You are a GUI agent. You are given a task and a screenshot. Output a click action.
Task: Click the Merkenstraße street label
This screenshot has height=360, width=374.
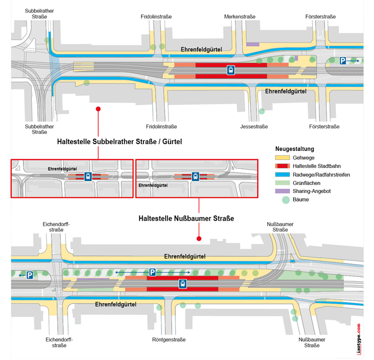coord(240,17)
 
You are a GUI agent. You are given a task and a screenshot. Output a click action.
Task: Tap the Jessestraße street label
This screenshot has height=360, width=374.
coord(254,127)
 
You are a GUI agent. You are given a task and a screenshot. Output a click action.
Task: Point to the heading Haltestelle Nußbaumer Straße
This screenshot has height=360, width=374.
coord(186,218)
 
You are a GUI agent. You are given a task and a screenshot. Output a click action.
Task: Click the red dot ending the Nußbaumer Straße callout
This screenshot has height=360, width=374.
coord(199,238)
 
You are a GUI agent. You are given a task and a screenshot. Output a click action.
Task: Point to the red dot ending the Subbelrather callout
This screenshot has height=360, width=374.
coord(98,109)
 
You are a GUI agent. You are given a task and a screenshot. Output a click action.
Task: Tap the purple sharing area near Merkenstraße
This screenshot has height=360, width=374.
coord(253,44)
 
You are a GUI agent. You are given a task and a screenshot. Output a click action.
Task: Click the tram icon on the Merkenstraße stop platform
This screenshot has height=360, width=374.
coord(231,70)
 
